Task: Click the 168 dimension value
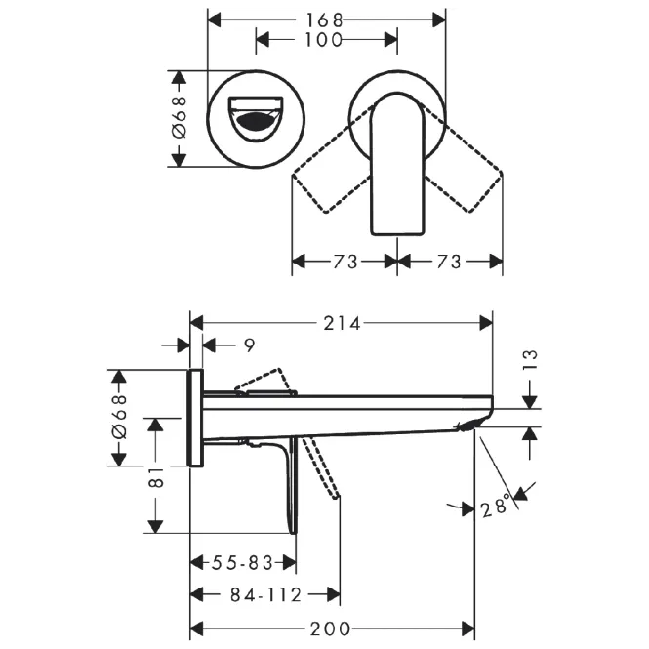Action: coord(324,20)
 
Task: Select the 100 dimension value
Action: coord(324,40)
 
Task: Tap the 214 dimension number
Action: coord(342,323)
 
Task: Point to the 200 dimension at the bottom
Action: coord(330,629)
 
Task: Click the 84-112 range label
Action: coord(265,595)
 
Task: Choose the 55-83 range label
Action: coord(243,563)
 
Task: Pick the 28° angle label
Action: coord(496,506)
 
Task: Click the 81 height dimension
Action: coord(156,477)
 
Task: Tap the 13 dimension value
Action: coord(530,360)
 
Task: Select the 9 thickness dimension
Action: coord(249,345)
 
